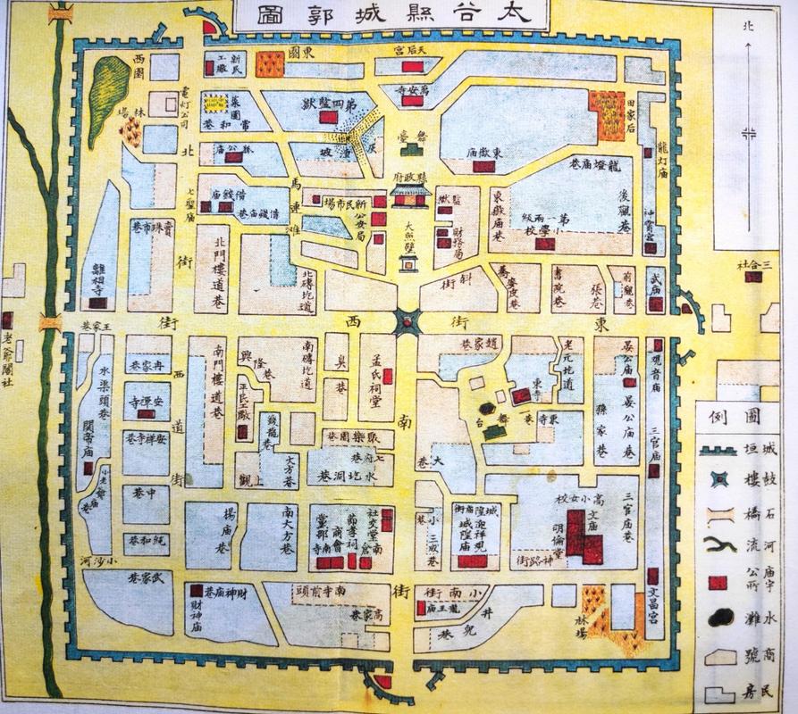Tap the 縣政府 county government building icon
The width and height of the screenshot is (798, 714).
[411, 195]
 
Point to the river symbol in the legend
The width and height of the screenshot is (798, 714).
[718, 547]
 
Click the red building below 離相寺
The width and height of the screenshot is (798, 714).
[98, 303]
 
